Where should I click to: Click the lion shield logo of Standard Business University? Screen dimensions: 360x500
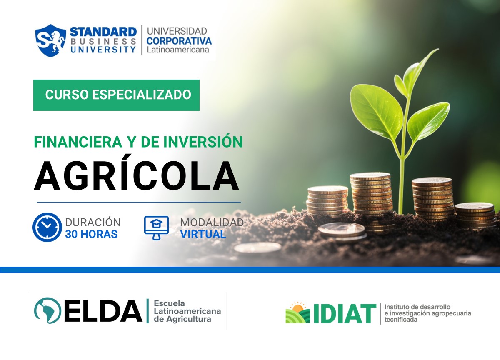coord(50,40)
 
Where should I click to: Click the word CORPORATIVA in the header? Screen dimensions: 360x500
coord(179,41)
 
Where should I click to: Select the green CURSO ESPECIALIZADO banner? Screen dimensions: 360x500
coord(117,95)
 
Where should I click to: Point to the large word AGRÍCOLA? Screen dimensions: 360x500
coord(137,175)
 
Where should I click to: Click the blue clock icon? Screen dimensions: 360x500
coord(47,227)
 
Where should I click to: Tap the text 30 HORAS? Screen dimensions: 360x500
coord(91,234)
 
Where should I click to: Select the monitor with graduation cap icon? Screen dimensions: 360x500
coord(156,227)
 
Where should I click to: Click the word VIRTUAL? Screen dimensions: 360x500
coord(203,234)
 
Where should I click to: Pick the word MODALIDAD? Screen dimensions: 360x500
coord(212,222)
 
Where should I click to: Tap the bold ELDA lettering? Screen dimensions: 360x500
coord(103,311)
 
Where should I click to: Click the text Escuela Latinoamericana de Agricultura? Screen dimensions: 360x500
coord(187,311)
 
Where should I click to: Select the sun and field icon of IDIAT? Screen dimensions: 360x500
coord(297,313)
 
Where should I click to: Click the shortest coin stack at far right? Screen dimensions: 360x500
coord(475,216)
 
